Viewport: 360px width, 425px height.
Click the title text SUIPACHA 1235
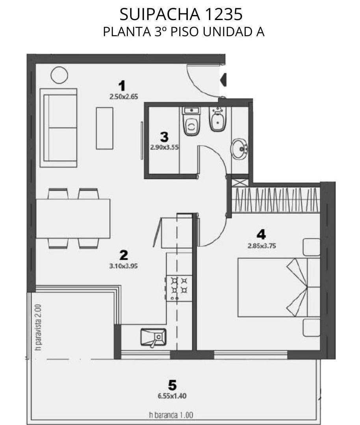[x=181, y=15]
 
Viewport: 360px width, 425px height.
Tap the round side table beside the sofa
[x=59, y=75]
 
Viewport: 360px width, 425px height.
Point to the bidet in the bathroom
[x=217, y=119]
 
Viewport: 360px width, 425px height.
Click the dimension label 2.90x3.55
[x=164, y=148]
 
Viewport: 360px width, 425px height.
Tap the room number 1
[x=122, y=86]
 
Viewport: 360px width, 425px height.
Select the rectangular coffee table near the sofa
[x=104, y=128]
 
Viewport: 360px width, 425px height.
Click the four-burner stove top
[x=179, y=288]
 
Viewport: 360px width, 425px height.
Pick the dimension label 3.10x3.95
[x=123, y=266]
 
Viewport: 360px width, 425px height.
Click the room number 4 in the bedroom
[x=261, y=234]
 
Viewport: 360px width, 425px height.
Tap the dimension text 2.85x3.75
[x=262, y=246]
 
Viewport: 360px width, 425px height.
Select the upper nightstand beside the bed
[x=312, y=247]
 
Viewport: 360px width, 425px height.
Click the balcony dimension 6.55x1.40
[x=172, y=396]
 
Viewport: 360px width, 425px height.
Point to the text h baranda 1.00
[x=171, y=415]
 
